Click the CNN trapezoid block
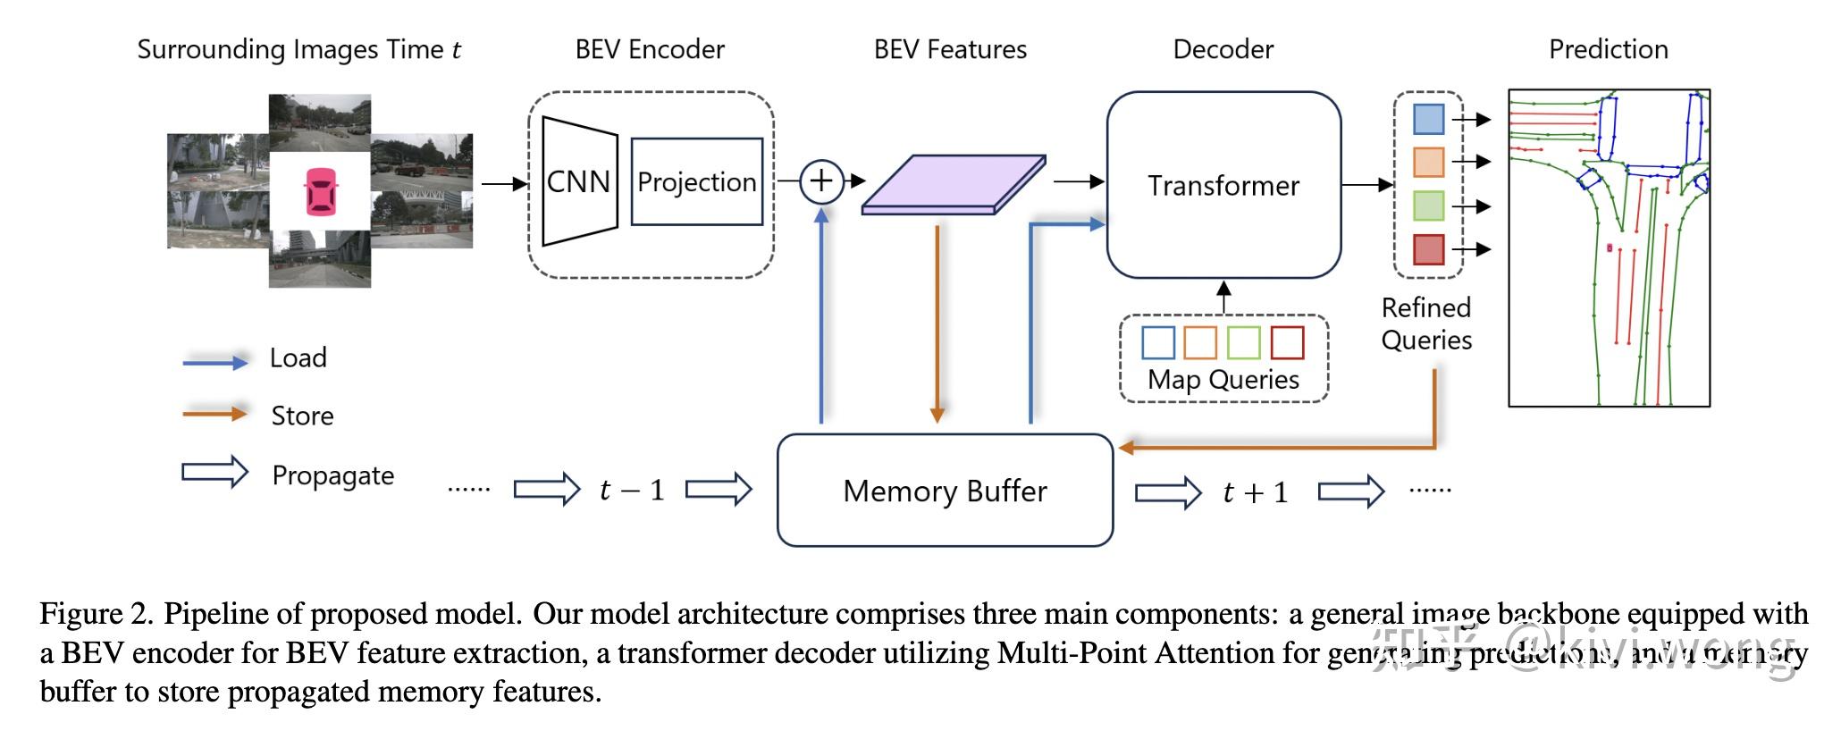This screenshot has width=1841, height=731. [x=579, y=181]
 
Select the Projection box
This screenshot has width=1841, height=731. [x=696, y=181]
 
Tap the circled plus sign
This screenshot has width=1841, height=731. [x=820, y=181]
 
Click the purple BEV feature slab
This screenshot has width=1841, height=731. [x=953, y=185]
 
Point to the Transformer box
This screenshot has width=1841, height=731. [x=1223, y=185]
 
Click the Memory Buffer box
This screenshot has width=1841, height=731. [x=945, y=491]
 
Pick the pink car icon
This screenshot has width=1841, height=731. [x=320, y=191]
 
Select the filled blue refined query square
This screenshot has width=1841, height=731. [x=1428, y=119]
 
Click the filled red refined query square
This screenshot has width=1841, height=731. [x=1428, y=249]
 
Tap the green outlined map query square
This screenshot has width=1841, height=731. [x=1244, y=342]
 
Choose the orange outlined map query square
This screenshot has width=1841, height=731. [x=1200, y=342]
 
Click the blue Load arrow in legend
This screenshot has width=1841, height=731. [x=214, y=361]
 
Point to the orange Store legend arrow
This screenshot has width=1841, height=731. [x=214, y=414]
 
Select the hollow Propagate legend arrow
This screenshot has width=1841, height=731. [x=214, y=472]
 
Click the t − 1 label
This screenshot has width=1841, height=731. [x=632, y=490]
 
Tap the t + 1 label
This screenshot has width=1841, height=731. [x=1256, y=492]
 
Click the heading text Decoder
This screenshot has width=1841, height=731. [x=1223, y=49]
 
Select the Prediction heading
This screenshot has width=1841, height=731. [x=1608, y=49]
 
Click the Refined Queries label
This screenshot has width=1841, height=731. [x=1426, y=323]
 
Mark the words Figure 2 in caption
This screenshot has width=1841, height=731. [x=97, y=614]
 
